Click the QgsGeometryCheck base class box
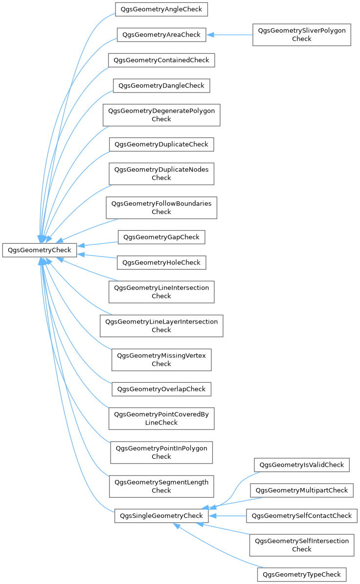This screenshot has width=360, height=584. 39,250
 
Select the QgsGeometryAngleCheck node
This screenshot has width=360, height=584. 161,9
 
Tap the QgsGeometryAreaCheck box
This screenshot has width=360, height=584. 161,35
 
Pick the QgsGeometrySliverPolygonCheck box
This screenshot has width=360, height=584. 301,35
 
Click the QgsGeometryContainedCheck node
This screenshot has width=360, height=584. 161,60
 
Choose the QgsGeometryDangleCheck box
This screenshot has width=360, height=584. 161,86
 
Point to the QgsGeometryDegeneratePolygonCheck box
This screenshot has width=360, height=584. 161,115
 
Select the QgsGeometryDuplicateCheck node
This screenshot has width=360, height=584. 161,144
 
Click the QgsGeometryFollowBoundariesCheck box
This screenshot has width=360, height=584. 161,208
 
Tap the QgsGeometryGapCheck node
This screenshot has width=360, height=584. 161,237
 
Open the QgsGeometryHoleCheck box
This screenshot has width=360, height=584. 161,262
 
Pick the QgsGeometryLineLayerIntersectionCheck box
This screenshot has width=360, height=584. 161,326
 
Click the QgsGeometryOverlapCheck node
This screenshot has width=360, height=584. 161,389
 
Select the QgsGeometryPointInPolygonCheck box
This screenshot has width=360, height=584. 161,452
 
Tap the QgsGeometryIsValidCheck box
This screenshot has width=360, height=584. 301,465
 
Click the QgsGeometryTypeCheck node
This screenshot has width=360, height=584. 301,574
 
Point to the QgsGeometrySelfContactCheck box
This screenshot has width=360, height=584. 301,515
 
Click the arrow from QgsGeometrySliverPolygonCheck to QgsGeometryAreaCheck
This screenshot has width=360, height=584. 230,35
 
